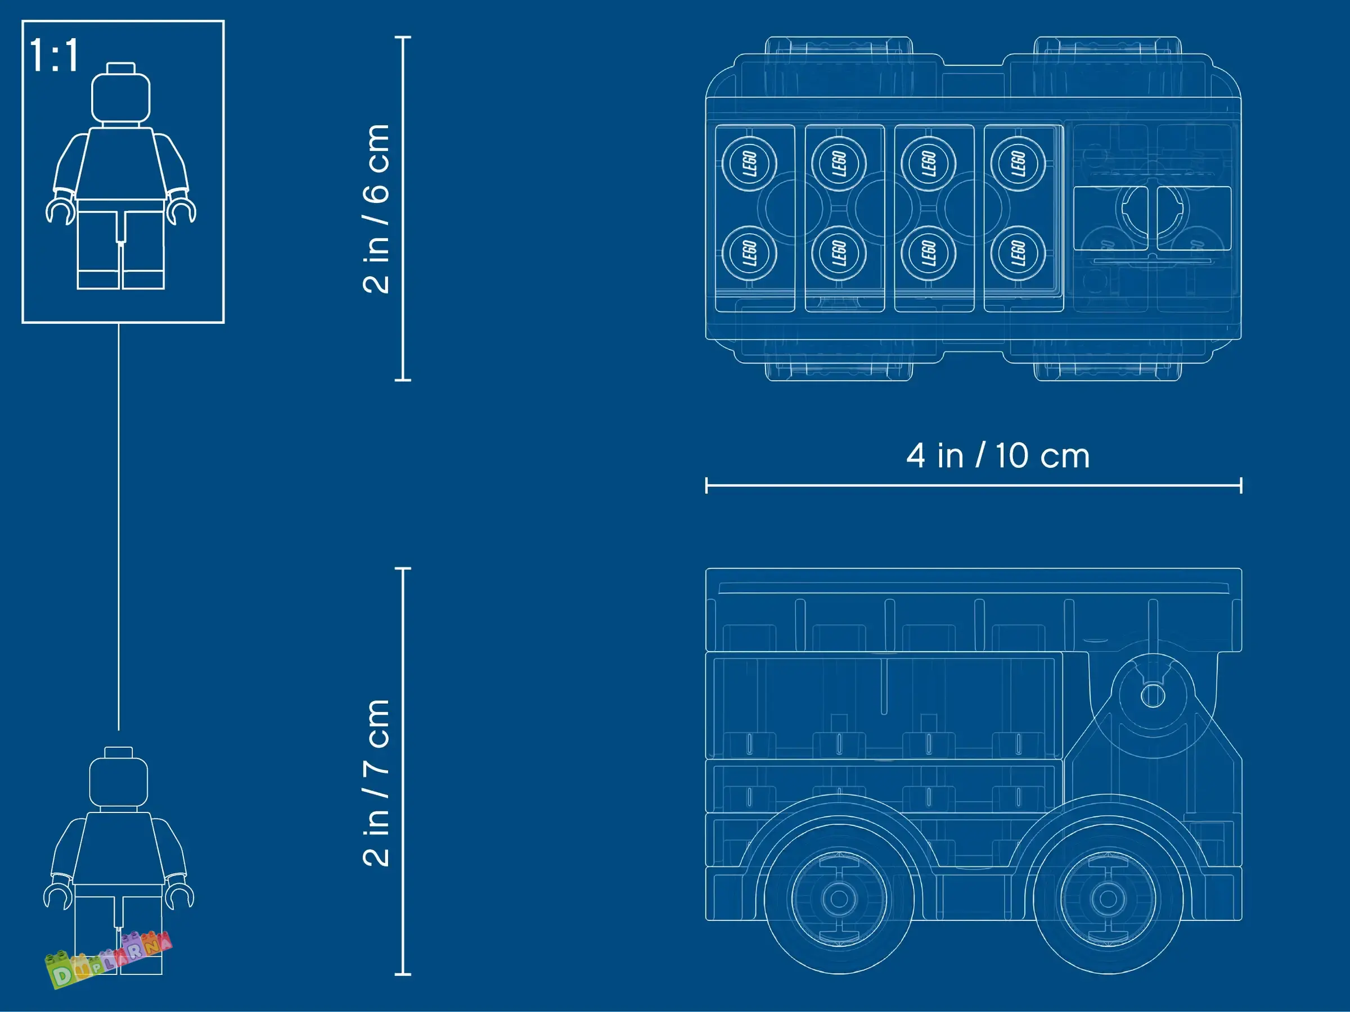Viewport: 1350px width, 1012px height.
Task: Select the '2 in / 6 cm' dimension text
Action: [x=375, y=209]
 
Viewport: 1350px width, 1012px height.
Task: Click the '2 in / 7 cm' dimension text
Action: [x=375, y=783]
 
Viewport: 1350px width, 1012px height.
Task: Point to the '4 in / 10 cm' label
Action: [x=998, y=455]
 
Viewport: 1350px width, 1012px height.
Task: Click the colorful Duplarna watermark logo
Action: [x=109, y=960]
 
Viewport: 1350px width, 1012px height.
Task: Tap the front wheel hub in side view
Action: [x=1108, y=898]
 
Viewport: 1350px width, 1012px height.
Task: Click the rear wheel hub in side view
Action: [x=839, y=898]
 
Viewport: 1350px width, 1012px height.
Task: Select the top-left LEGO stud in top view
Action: [x=749, y=164]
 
